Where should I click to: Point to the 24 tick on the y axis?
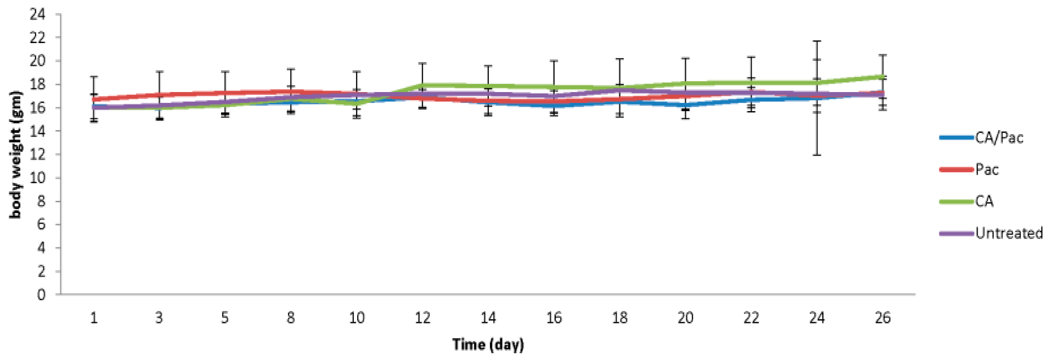click(38, 15)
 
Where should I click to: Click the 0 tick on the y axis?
click(41, 294)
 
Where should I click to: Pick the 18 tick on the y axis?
click(38, 85)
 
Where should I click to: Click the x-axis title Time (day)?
click(488, 344)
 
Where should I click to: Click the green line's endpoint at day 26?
click(882, 76)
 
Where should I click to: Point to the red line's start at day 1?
click(94, 99)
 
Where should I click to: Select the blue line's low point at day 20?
click(685, 105)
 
